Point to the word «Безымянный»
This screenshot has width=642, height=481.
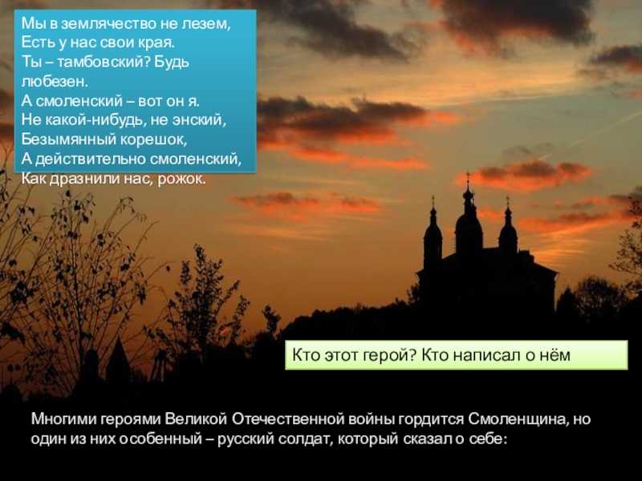[67, 139]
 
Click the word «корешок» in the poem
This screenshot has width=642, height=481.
[152, 139]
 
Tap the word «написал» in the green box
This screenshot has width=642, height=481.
[486, 355]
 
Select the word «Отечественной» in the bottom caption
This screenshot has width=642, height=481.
[288, 419]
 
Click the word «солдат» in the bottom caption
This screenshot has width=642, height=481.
[306, 439]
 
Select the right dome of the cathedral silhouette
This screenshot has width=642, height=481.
[508, 232]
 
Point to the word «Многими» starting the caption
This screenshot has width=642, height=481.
[63, 419]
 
